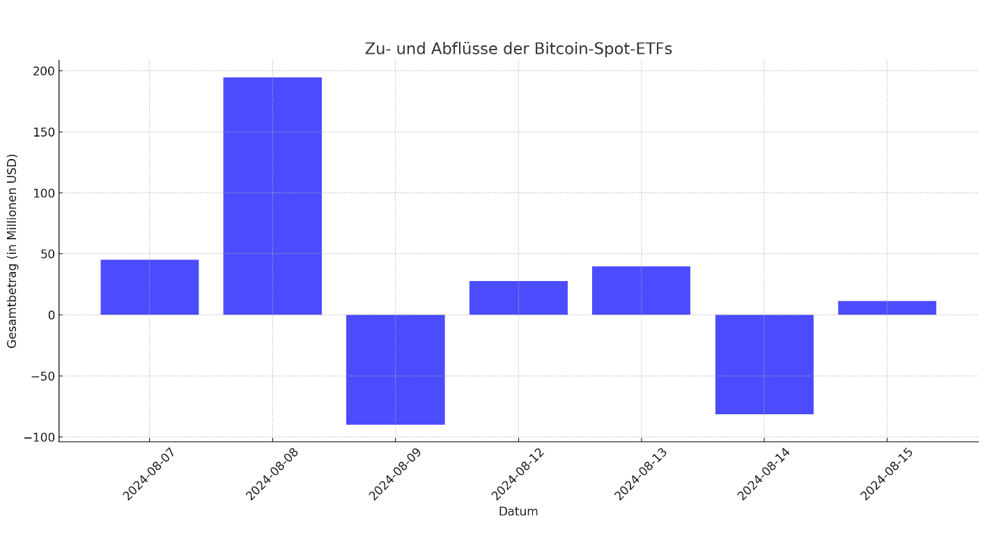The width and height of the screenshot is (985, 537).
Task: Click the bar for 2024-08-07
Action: [149, 287]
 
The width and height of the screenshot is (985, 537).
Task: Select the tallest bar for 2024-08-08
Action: [272, 196]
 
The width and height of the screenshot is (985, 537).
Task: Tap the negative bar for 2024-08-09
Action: [395, 370]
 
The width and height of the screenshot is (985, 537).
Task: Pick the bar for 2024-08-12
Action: [518, 298]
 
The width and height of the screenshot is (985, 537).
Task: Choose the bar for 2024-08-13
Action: [641, 290]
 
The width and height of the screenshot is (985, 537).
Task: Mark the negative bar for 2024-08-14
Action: [764, 364]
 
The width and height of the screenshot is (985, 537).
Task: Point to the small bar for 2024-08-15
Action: [887, 308]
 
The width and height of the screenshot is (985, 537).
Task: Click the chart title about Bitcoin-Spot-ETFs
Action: [518, 50]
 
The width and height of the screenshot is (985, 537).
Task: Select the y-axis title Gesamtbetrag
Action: [13, 250]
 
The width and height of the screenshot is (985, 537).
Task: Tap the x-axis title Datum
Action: [518, 512]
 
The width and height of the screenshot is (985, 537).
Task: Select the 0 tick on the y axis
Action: [51, 315]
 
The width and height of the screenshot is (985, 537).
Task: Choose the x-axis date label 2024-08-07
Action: [148, 474]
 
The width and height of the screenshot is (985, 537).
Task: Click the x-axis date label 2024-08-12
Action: [517, 474]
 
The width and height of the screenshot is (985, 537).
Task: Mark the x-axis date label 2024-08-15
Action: [885, 474]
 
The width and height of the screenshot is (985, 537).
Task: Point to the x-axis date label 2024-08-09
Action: [394, 474]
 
